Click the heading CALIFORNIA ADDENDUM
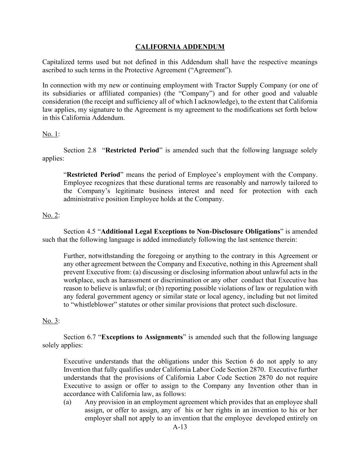(x=180, y=47)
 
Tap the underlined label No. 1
(x=50, y=134)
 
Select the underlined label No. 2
(x=50, y=215)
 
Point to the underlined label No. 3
(x=50, y=321)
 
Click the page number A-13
(x=180, y=427)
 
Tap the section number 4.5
(x=90, y=231)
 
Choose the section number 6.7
(x=90, y=337)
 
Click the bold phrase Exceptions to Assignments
(x=142, y=337)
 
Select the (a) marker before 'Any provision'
(x=67, y=402)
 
